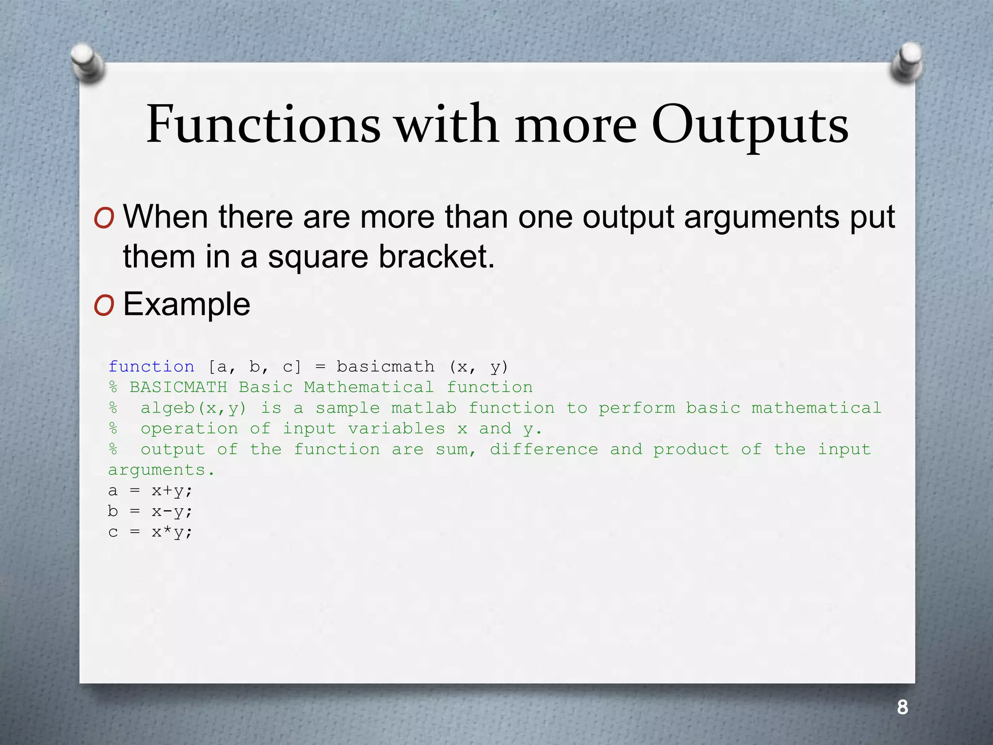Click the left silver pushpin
87,62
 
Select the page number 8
902,707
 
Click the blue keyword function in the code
151,367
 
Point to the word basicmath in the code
385,367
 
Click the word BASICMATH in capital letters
178,387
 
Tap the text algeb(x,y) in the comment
193,408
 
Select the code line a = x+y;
150,491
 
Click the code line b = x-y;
150,511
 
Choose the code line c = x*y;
150,532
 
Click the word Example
187,305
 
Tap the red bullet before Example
104,306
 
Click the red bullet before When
104,218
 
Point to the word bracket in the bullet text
436,257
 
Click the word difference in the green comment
544,449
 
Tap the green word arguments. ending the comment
161,470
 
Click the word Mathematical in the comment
369,387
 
